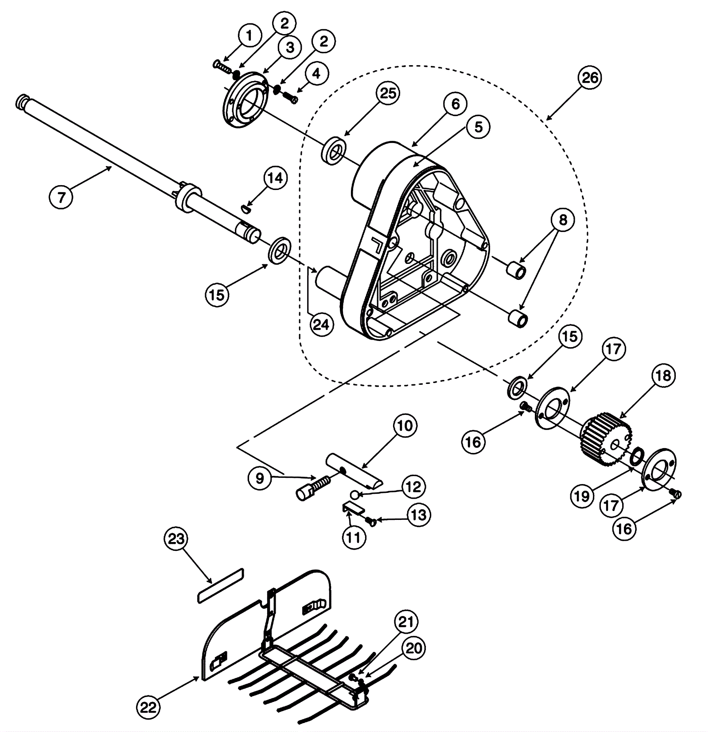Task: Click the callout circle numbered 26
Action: coord(590,78)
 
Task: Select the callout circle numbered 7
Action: coord(61,196)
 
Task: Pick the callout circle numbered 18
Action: coord(663,376)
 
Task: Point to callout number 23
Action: coord(176,539)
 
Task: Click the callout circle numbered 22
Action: coord(148,707)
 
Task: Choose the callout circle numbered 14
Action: coord(275,178)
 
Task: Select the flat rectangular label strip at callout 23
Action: coord(220,585)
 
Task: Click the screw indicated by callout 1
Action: coord(223,66)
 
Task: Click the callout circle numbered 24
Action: coord(321,325)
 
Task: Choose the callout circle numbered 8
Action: coord(563,220)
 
